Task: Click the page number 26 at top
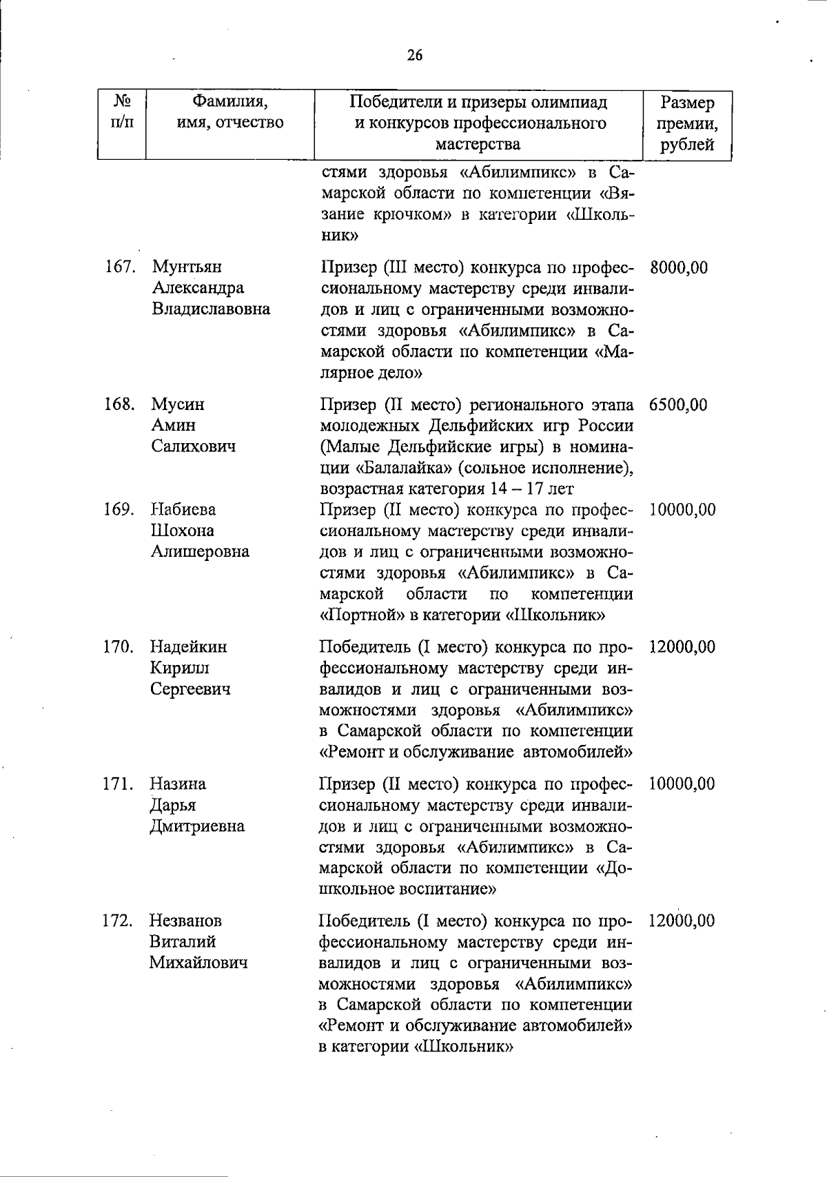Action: [x=414, y=56]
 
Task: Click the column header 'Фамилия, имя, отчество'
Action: [x=230, y=113]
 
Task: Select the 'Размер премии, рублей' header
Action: [x=686, y=124]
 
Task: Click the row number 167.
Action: [x=120, y=267]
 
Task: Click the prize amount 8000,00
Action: [x=679, y=268]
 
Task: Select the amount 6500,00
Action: [x=678, y=405]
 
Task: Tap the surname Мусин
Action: [x=178, y=405]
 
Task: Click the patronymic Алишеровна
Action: [x=200, y=552]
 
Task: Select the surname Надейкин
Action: [x=189, y=647]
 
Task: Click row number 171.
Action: [x=119, y=784]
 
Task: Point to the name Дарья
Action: [x=173, y=806]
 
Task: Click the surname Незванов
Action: [x=186, y=921]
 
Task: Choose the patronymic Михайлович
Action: [x=198, y=963]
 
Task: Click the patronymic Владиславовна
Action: [x=211, y=309]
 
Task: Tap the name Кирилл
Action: [x=180, y=668]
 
